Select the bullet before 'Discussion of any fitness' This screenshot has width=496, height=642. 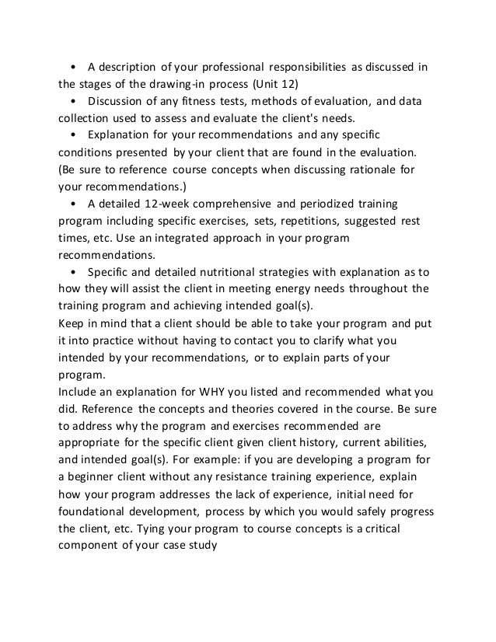pos(72,101)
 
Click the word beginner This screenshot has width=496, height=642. pos(93,477)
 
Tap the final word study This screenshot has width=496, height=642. pos(201,546)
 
